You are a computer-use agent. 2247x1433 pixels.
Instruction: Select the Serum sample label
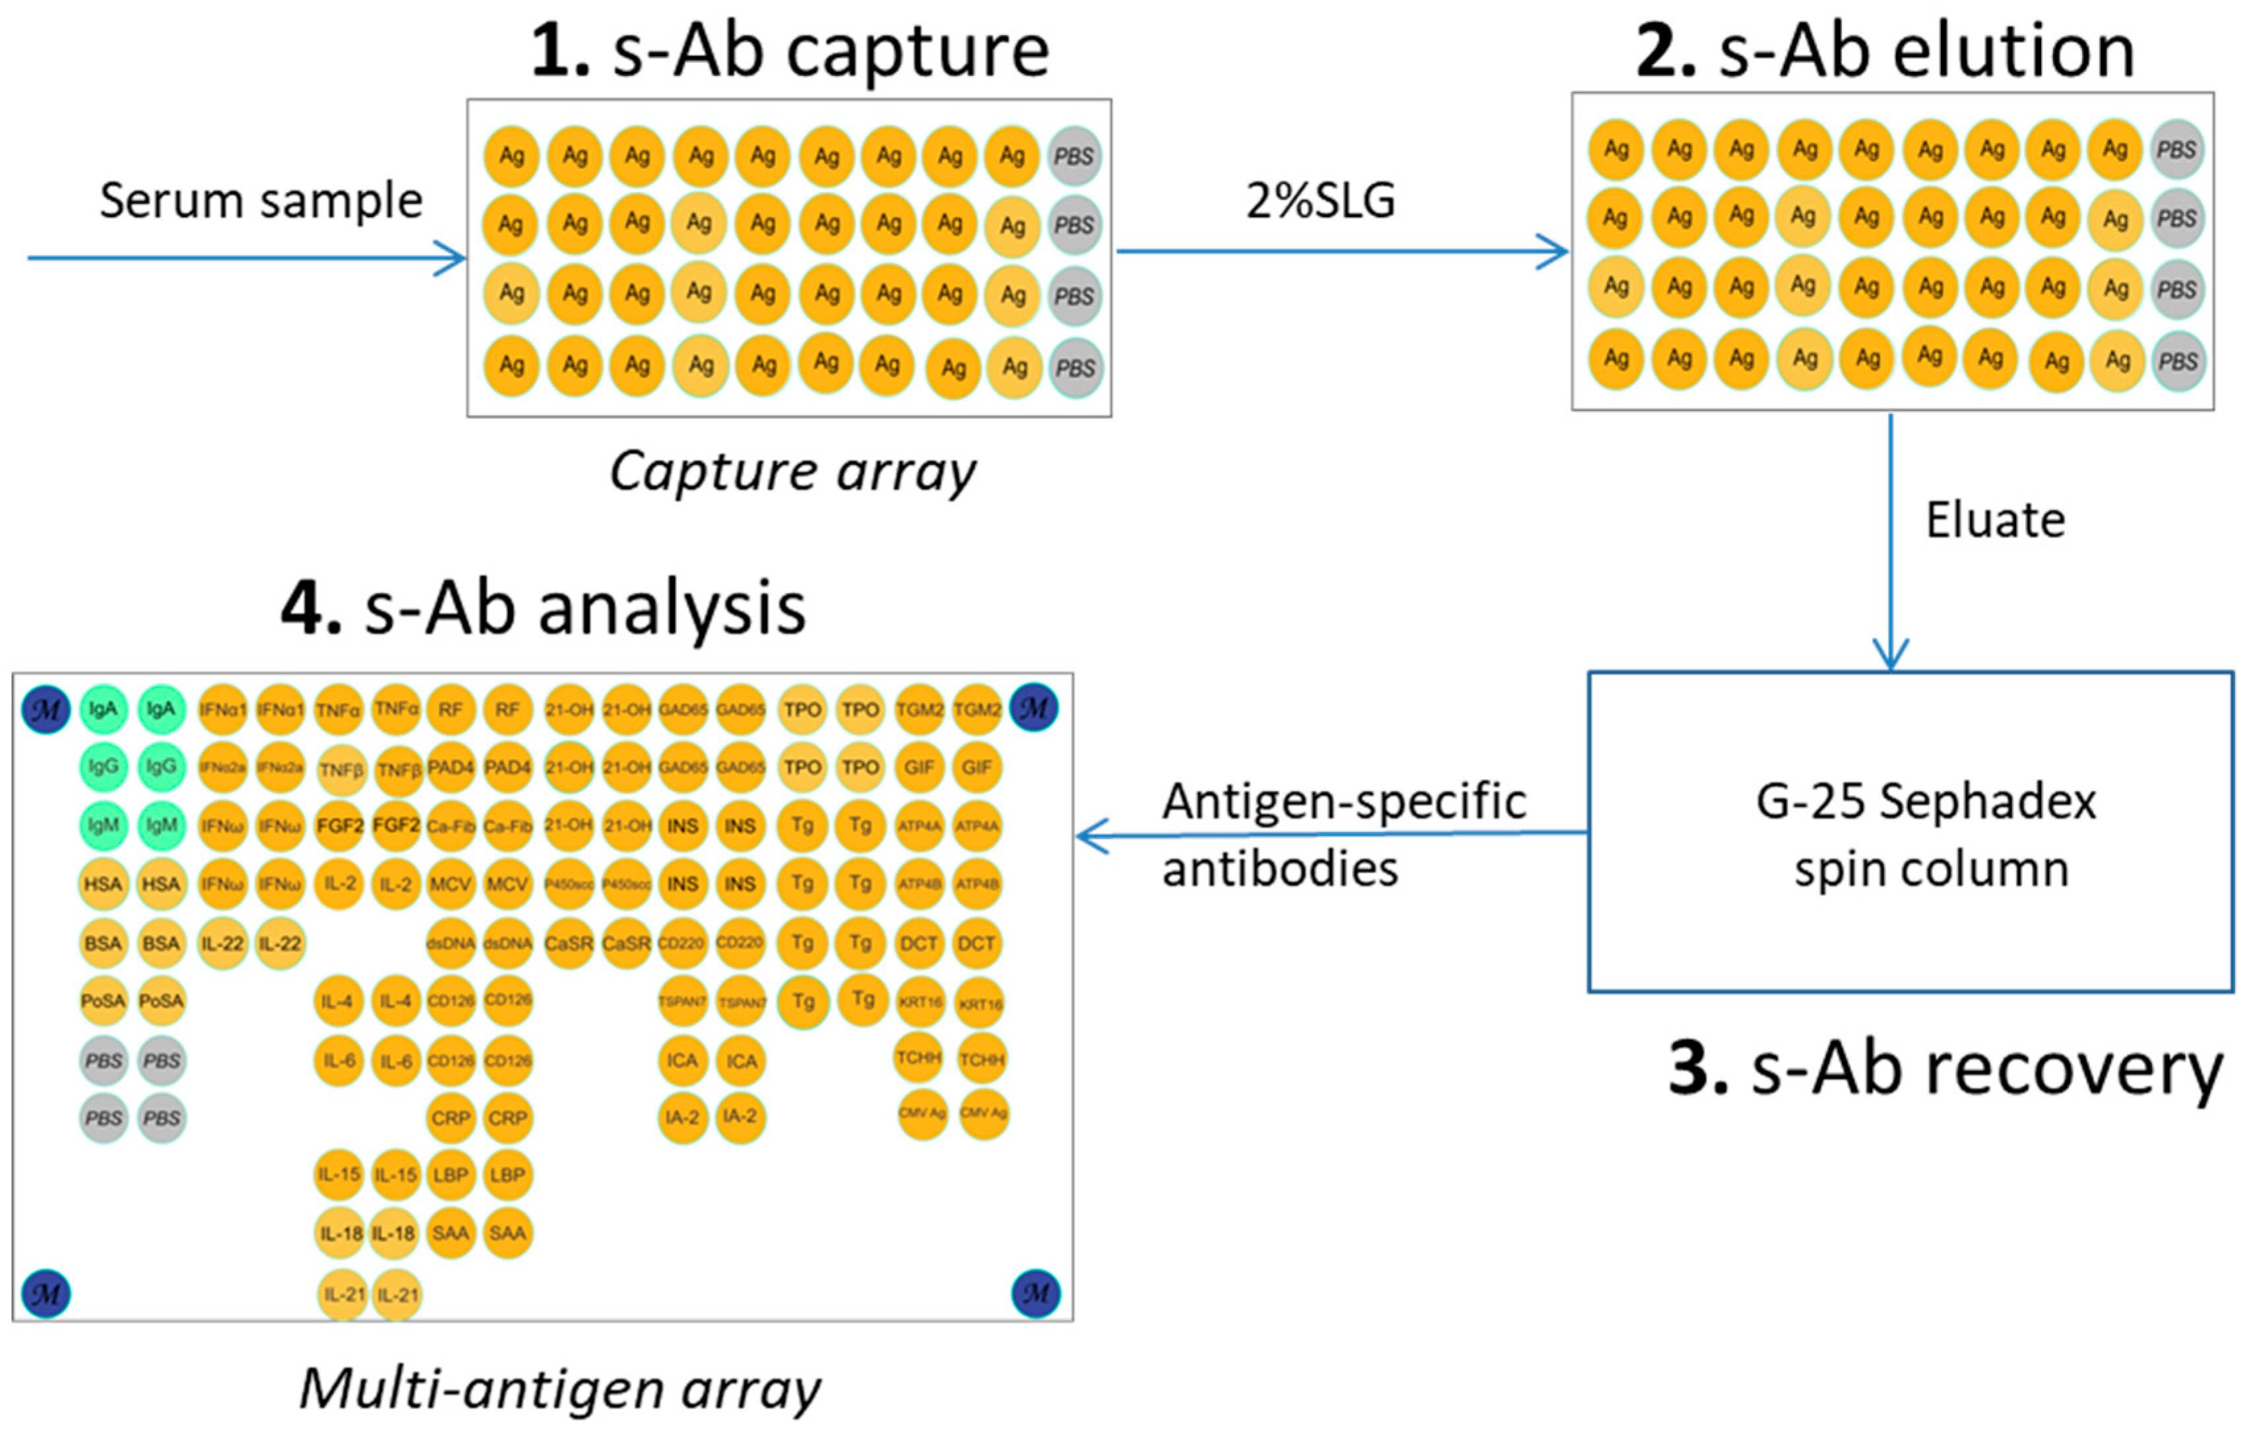(x=261, y=201)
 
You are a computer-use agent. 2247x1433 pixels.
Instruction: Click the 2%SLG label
(x=1320, y=201)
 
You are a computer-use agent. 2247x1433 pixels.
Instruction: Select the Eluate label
(x=1995, y=520)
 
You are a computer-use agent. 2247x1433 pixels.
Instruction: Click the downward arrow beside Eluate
(x=1891, y=541)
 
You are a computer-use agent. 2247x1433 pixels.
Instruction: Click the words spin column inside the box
(x=1932, y=870)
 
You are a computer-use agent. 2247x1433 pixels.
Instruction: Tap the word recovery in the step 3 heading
(x=1988, y=1071)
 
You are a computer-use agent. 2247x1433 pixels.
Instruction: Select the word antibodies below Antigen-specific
(x=1281, y=870)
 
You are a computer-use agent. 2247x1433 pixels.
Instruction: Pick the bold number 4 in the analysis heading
(x=310, y=608)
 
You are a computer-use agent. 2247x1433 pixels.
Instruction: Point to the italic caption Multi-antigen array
(x=560, y=1389)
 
